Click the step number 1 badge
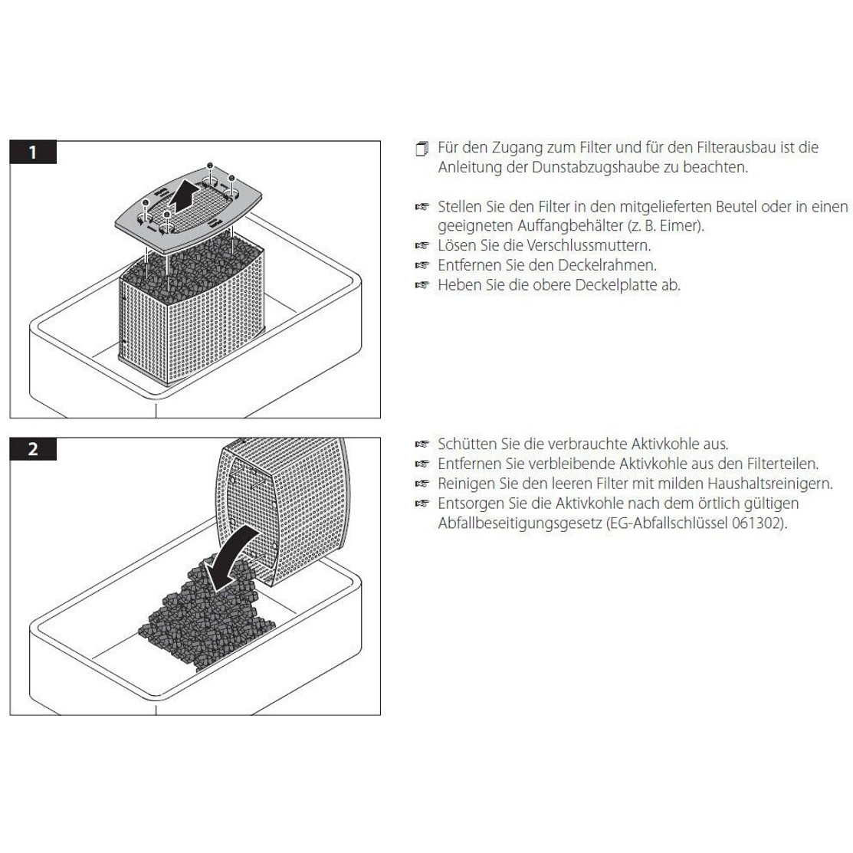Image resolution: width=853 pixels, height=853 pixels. pos(33,153)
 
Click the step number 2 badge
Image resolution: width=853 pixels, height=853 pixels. pos(33,449)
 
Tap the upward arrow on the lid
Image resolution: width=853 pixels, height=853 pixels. pos(182,200)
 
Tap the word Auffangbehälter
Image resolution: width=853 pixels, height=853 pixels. pos(570,226)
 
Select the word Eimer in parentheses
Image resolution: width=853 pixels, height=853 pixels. pos(680,226)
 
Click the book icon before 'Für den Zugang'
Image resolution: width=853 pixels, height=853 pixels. pos(422,149)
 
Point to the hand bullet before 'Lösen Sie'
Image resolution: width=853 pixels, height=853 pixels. pos(422,246)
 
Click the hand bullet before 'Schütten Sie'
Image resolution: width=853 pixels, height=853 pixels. pos(422,445)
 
